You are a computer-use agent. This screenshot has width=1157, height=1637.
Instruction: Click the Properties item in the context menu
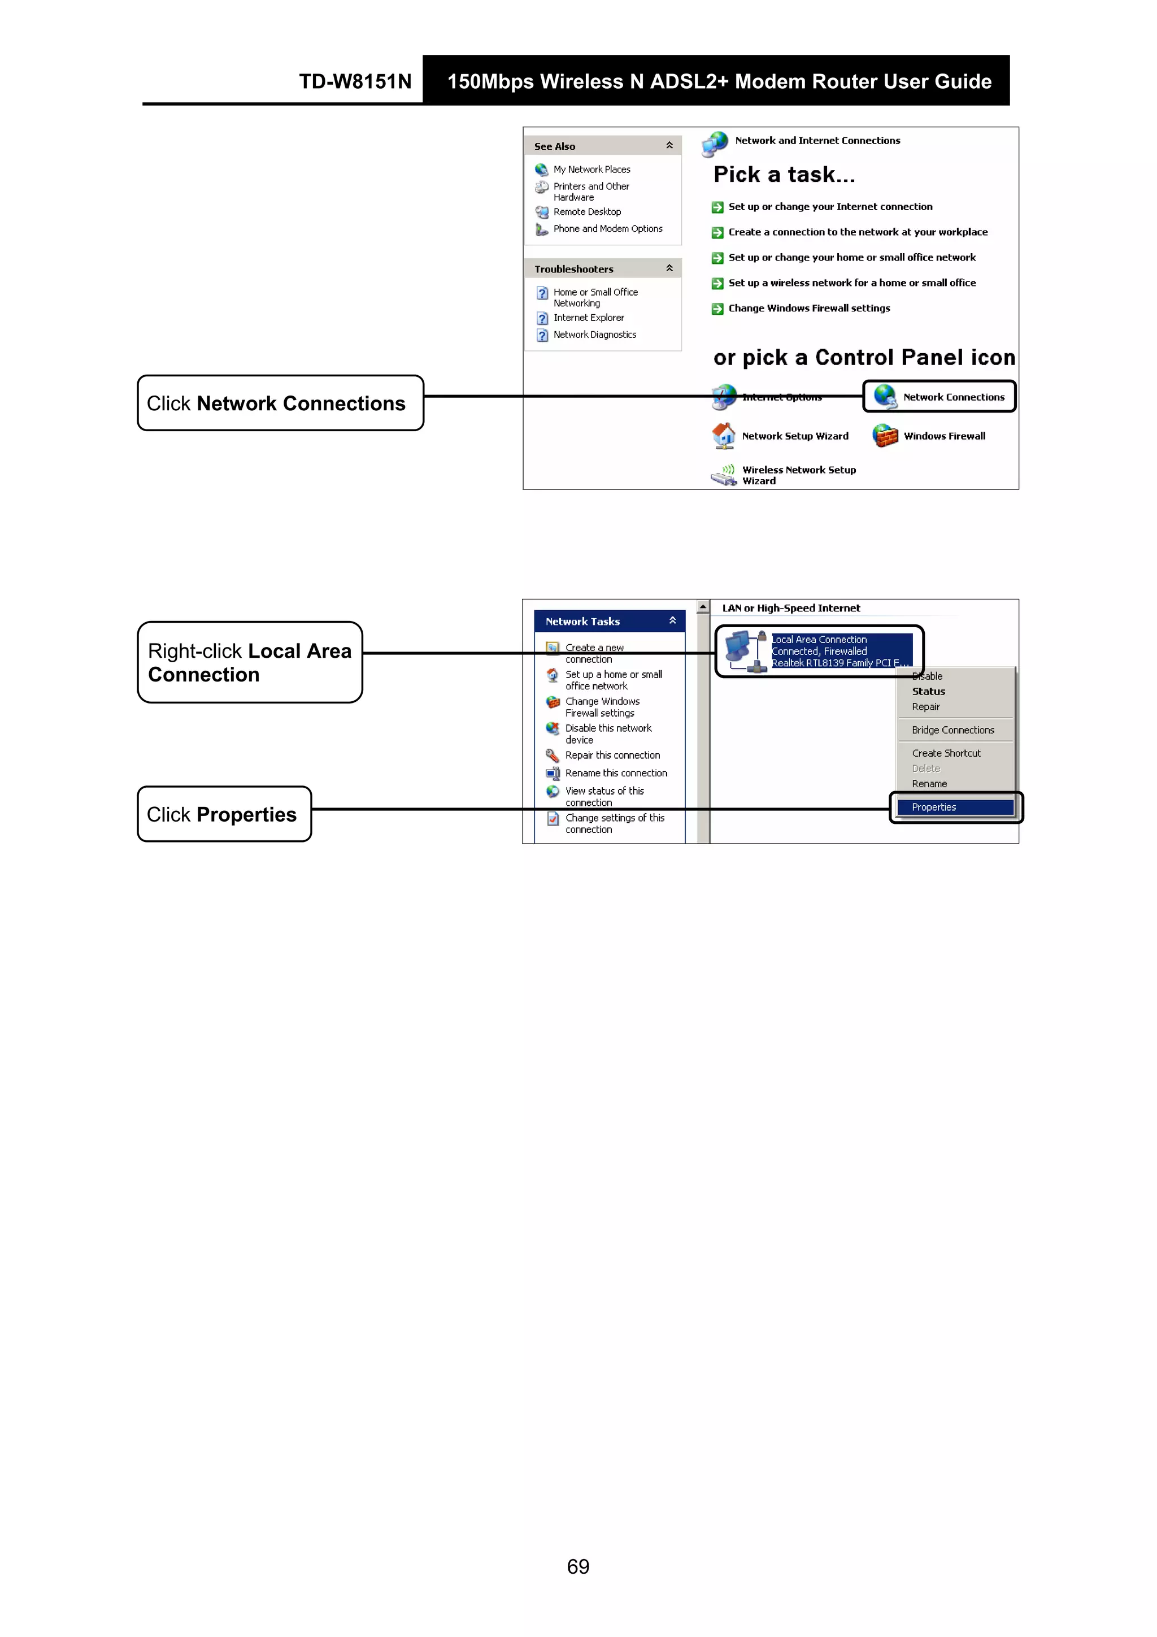pos(933,807)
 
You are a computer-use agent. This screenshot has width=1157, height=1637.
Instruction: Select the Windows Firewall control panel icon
pos(885,436)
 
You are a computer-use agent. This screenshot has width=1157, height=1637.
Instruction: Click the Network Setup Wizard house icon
pos(724,436)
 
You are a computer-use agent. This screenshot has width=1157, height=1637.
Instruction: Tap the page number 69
pos(578,1566)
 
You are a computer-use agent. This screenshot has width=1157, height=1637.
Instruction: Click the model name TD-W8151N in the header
pos(355,81)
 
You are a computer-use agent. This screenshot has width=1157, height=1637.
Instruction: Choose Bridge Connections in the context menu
pos(952,730)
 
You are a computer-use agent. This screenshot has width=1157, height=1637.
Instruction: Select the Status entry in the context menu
pos(928,692)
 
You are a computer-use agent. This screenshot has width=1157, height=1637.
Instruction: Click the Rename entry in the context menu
pos(929,784)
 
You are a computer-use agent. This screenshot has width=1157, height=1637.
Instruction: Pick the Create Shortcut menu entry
pos(946,753)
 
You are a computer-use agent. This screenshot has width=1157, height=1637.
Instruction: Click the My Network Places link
pos(591,170)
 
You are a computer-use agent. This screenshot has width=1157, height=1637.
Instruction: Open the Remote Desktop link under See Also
pos(587,212)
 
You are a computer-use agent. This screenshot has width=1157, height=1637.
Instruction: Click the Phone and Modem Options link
pos(607,229)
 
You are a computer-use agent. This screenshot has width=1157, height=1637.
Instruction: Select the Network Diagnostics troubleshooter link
pos(594,335)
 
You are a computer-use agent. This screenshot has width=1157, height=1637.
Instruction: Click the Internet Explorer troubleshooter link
pos(588,318)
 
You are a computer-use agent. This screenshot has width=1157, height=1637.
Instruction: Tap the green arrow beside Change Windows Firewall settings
pos(717,309)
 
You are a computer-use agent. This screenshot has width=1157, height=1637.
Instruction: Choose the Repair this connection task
pos(612,755)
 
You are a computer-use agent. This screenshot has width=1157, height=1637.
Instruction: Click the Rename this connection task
pos(616,773)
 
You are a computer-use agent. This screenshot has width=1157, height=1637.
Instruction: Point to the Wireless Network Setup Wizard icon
pos(724,475)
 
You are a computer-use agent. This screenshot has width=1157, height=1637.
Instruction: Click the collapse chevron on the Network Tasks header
pos(672,621)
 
